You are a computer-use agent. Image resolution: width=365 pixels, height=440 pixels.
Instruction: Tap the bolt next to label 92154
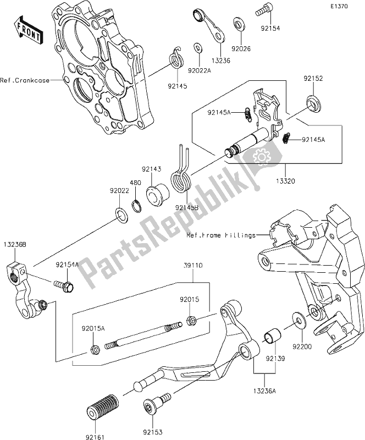(262, 9)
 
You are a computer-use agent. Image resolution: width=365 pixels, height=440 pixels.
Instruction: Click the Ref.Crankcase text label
(24, 80)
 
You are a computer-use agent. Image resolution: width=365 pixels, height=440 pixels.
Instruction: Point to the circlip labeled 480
(139, 206)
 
